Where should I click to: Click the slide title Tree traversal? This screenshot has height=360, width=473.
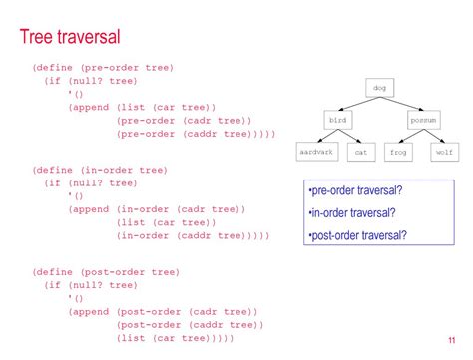[70, 38]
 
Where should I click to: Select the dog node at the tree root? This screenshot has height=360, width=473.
[380, 89]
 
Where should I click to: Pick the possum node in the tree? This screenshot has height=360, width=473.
[424, 120]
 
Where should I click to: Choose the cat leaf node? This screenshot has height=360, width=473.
[361, 153]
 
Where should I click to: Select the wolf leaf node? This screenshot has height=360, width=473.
[445, 153]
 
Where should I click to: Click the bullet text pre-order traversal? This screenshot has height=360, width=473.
[357, 190]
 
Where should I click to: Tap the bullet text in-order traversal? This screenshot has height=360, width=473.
[352, 212]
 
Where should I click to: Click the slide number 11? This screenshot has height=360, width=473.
[453, 339]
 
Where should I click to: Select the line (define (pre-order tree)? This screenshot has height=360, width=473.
[103, 68]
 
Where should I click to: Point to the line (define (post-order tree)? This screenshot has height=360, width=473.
[106, 271]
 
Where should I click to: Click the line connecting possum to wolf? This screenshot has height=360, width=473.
[435, 136]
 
